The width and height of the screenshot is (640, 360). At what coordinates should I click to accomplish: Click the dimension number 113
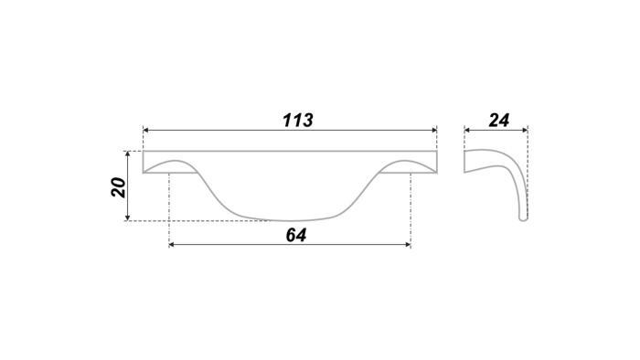pos(298,121)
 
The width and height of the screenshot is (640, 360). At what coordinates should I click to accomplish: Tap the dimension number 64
pos(296,235)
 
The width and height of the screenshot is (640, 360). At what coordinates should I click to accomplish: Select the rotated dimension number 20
pos(118,187)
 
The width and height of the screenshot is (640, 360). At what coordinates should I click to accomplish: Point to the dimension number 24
pos(499,121)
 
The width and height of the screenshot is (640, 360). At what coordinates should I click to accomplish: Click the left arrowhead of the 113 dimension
pos(145,131)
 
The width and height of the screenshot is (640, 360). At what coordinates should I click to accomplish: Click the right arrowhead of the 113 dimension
pos(434,131)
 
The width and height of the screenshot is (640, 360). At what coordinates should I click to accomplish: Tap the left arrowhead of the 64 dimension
pos(172,245)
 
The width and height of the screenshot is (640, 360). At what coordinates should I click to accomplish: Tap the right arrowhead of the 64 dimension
pos(408,245)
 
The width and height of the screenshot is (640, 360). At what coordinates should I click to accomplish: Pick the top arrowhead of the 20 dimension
pos(128,154)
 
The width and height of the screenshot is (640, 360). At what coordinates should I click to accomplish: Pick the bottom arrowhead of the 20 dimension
pos(128,217)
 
